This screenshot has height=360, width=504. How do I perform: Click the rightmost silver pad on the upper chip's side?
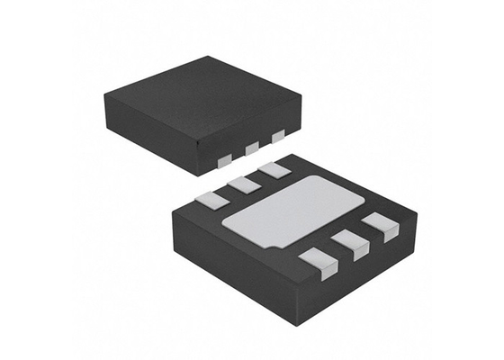tap(278, 136)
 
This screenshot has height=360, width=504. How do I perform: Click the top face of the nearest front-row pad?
tap(316, 259)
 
